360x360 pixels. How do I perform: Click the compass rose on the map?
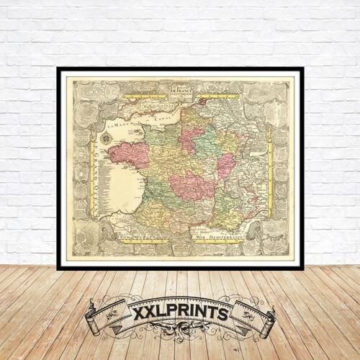(x=106, y=138)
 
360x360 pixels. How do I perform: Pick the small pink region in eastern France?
(x=225, y=165)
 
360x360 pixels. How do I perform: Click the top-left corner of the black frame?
(x=58, y=69)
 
